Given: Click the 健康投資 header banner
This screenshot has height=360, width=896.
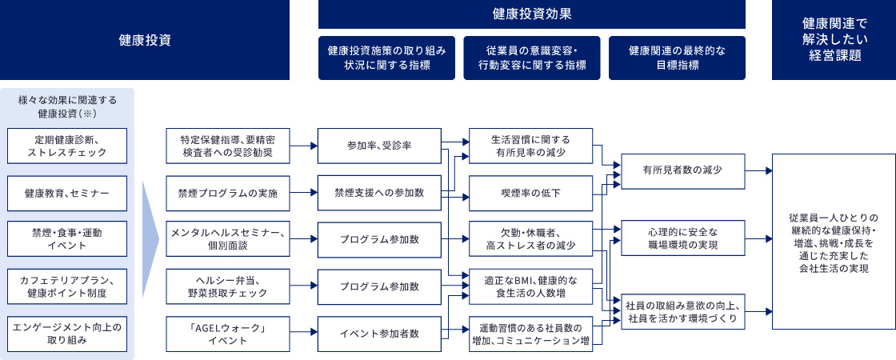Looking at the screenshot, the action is point(145,40).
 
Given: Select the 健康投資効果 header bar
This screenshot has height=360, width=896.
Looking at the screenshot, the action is point(532,14).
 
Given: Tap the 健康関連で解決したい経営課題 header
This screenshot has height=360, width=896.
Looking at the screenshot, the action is point(834,40).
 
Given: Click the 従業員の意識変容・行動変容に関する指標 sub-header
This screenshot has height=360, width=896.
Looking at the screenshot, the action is point(532,58).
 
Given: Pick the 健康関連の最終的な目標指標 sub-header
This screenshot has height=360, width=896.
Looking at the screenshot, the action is point(677,58).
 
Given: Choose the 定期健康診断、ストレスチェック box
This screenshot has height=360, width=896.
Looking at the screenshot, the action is point(67,146).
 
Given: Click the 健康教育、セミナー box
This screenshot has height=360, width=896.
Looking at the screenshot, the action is point(67,193).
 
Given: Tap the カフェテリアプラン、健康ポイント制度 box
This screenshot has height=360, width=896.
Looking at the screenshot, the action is point(67,287).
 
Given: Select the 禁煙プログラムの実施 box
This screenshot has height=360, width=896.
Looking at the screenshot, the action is point(227,193).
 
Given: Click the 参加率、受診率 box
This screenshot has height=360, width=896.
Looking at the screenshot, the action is point(380,146).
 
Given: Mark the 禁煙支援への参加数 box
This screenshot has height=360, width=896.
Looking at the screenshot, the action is point(380,193).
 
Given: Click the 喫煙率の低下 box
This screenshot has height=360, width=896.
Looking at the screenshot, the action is point(531,193).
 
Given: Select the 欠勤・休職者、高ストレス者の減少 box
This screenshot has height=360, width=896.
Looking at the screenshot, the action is point(531,240).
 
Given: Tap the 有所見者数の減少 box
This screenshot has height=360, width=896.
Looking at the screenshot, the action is point(683,171).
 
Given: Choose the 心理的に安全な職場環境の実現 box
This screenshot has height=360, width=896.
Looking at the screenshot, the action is point(683,238).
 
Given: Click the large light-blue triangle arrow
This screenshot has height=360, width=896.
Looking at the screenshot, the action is point(150,239).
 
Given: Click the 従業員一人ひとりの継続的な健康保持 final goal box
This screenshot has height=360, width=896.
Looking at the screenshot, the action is point(834,241).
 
